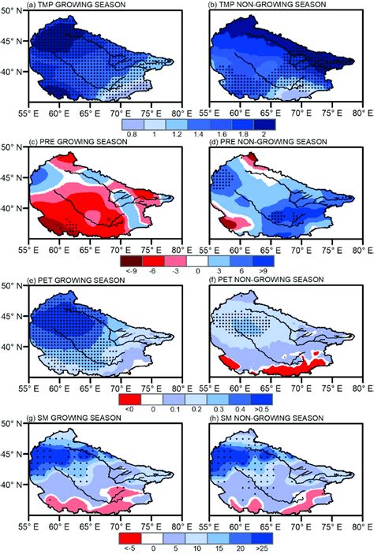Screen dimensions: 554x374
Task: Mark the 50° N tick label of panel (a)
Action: [x=12, y=11]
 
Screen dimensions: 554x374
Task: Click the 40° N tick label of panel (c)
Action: [x=12, y=209]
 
